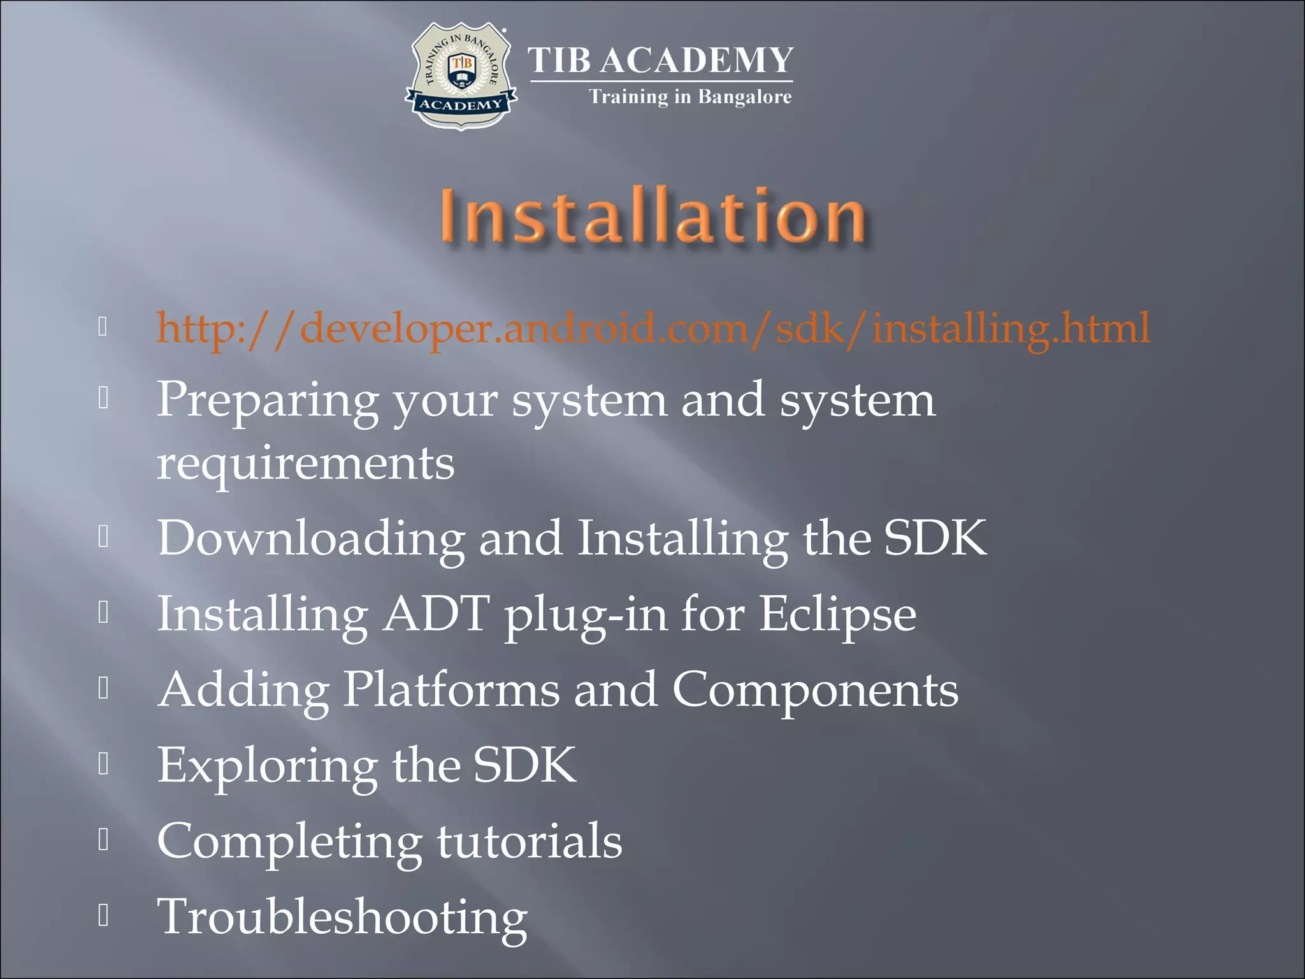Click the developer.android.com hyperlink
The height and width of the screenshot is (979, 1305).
click(653, 328)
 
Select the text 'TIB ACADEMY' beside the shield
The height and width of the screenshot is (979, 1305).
click(661, 61)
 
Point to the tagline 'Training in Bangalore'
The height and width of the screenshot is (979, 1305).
click(689, 97)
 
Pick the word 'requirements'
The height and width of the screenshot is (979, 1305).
click(306, 464)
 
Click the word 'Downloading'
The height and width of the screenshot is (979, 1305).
click(311, 539)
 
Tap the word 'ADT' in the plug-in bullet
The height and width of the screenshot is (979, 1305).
click(436, 614)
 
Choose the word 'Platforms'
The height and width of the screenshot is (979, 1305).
click(451, 690)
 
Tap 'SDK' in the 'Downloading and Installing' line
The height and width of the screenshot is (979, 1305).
click(935, 539)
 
